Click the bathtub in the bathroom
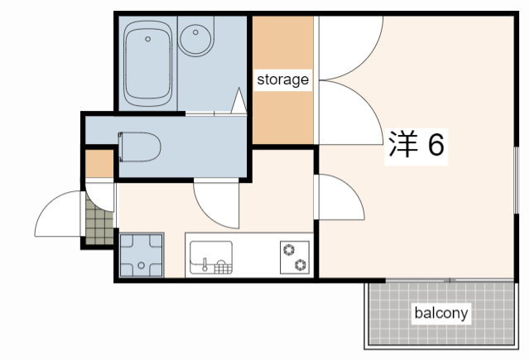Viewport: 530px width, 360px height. (147, 62)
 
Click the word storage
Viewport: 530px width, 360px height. (282, 80)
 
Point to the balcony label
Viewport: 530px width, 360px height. (441, 313)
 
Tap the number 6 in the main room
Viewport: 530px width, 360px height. (436, 145)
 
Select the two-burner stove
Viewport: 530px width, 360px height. (295, 257)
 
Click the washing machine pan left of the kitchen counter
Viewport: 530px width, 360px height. (142, 255)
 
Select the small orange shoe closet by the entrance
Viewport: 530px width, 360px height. (99, 164)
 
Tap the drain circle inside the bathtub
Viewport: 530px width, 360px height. (148, 38)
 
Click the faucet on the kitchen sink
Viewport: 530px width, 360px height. (205, 264)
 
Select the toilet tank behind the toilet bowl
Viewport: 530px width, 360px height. (123, 146)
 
